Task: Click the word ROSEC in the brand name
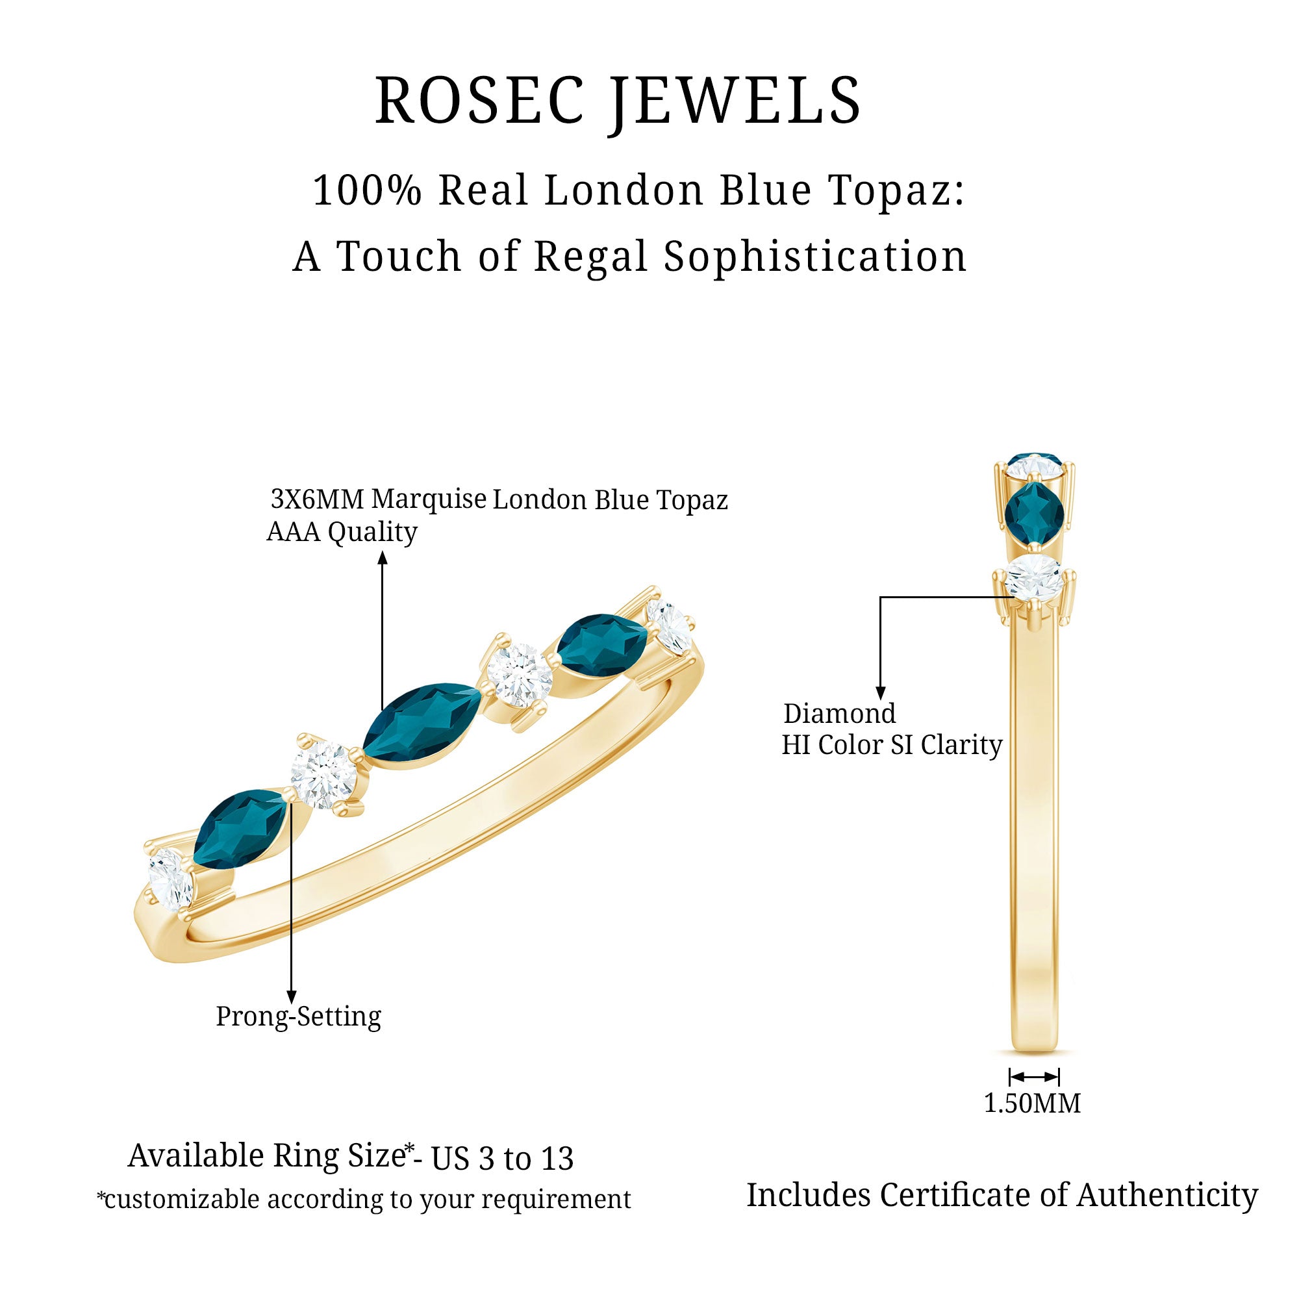tap(479, 101)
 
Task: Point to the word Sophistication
tap(814, 257)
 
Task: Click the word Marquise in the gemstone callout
tap(429, 499)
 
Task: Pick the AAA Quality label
tap(342, 532)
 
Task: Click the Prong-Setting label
tap(299, 1016)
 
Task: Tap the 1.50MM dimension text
tap(1032, 1104)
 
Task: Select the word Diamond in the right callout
tap(839, 713)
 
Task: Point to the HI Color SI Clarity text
tap(892, 745)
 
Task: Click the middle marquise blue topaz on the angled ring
tap(422, 725)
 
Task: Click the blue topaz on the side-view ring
tap(1034, 514)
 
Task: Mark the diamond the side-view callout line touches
tap(1035, 577)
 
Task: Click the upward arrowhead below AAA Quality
tap(383, 557)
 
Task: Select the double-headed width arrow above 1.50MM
tap(1034, 1077)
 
